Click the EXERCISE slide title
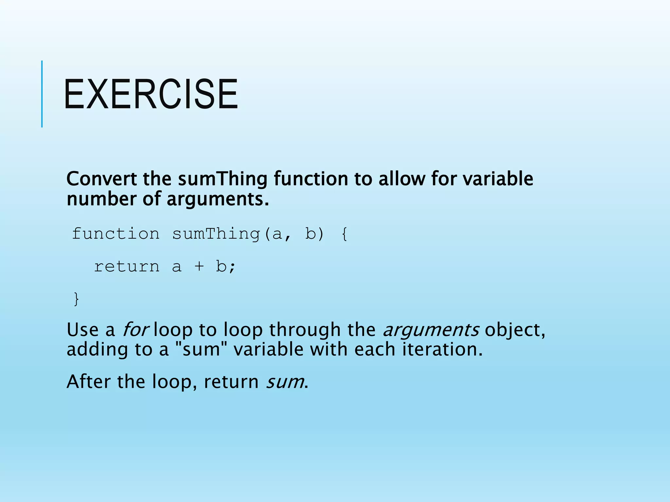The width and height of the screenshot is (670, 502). pyautogui.click(x=151, y=94)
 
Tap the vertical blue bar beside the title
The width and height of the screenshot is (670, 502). pyautogui.click(x=42, y=94)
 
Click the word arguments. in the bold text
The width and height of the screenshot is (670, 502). pyautogui.click(x=218, y=199)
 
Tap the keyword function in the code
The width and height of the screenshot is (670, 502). pyautogui.click(x=115, y=234)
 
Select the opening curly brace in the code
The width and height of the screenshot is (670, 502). pyautogui.click(x=344, y=234)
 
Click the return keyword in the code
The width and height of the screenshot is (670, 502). pyautogui.click(x=127, y=267)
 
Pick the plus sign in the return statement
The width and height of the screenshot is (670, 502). pyautogui.click(x=199, y=267)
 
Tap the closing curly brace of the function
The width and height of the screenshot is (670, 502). pyautogui.click(x=76, y=299)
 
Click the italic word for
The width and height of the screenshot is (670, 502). pyautogui.click(x=135, y=329)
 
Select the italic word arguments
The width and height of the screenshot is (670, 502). pyautogui.click(x=431, y=330)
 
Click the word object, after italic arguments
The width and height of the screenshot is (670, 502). pyautogui.click(x=515, y=330)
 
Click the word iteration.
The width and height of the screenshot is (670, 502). pyautogui.click(x=442, y=349)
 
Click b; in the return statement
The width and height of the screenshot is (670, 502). pyautogui.click(x=225, y=267)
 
